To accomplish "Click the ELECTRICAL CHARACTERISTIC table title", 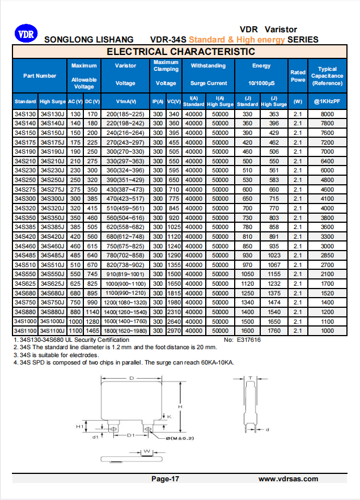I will [x=181, y=52].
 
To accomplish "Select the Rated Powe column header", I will [x=298, y=76].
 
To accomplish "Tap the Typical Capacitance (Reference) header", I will [x=327, y=76].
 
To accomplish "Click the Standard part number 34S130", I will [x=25, y=114].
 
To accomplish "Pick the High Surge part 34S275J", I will [x=52, y=189].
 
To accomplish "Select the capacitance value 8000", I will [x=327, y=114].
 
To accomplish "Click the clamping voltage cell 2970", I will [x=173, y=330].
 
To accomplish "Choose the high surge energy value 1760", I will [x=274, y=330].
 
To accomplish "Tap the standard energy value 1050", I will [x=247, y=274].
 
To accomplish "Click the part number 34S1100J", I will [x=52, y=330].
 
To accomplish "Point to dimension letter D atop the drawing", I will [x=132, y=378].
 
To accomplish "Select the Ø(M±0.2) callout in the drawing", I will [x=180, y=438].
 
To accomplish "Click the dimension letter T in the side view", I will [x=251, y=377].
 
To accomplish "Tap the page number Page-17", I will [x=166, y=479].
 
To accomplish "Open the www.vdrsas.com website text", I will [x=288, y=479].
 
